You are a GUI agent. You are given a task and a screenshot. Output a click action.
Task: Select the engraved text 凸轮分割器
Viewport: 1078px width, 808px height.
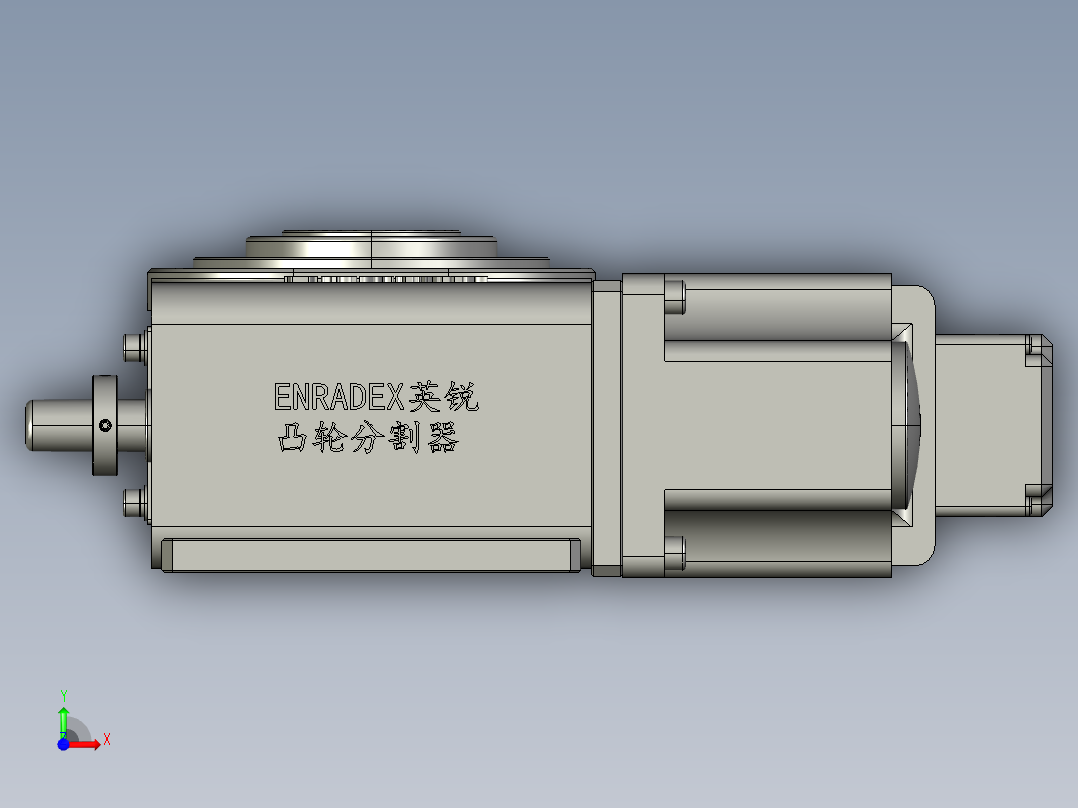tap(367, 438)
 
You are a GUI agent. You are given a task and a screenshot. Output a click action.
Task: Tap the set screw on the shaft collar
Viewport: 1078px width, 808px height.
tap(105, 426)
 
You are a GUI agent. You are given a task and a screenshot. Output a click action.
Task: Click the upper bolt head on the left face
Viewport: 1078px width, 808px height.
tap(133, 346)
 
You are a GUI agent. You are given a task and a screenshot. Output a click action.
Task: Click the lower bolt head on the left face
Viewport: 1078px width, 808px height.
tap(133, 501)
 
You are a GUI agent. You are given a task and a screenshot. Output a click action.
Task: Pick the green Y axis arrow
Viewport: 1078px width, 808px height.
tap(63, 718)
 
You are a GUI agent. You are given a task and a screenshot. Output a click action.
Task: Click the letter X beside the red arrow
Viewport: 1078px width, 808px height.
tap(106, 740)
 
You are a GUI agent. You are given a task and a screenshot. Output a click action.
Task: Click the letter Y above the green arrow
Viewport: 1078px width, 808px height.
tap(63, 695)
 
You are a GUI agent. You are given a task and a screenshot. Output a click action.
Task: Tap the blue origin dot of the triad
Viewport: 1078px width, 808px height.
tap(63, 744)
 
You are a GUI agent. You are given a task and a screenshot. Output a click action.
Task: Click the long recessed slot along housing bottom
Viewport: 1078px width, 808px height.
tap(370, 555)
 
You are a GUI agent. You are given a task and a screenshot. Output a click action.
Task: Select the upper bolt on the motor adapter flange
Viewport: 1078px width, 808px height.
tap(674, 297)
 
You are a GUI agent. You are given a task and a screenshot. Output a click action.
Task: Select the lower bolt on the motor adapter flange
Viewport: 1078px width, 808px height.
tap(674, 554)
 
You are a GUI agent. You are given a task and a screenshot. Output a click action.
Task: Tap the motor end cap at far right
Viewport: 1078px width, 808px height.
tap(1040, 425)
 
